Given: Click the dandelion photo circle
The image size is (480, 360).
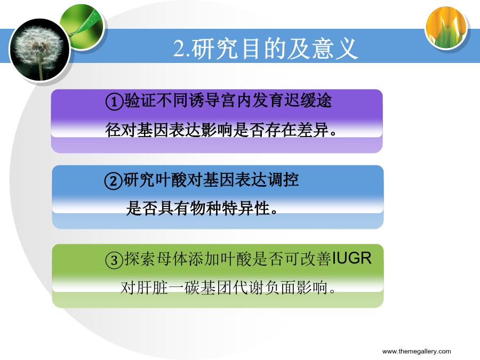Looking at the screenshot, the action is tap(40, 50).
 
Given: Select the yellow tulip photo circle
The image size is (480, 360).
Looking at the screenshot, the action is tap(446, 28).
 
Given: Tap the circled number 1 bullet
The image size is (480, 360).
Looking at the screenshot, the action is tap(114, 101).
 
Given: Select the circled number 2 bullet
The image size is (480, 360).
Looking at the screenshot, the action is tap(113, 181).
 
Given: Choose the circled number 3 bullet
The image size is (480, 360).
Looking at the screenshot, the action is tap(114, 260).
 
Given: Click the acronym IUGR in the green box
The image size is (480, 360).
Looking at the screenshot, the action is tap(351, 258).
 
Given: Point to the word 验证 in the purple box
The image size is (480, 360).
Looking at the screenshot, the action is tap(140, 100).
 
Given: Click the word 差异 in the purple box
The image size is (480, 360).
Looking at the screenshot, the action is tap(313, 130).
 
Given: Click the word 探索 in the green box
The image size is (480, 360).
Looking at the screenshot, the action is tap(140, 259).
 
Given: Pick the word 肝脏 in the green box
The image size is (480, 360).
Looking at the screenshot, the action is tap(153, 288).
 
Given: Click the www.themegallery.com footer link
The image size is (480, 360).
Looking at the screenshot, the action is tap(417, 351).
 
